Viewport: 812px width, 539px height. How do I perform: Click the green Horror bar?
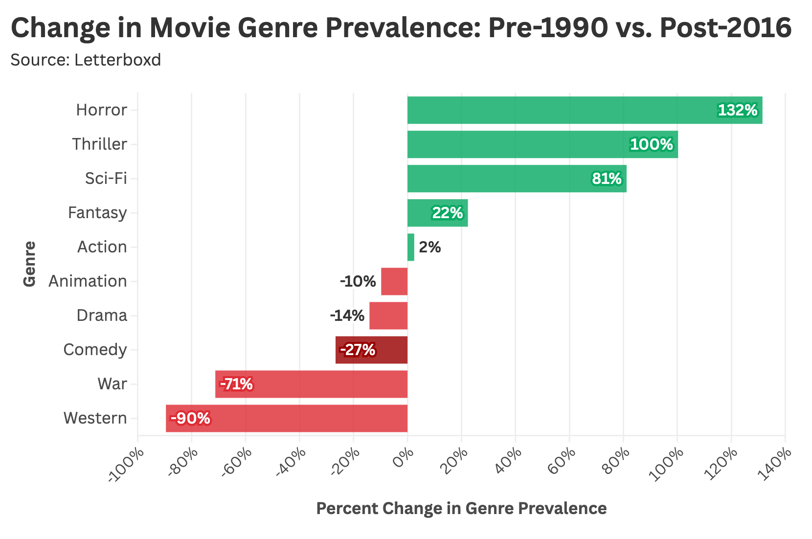click(585, 110)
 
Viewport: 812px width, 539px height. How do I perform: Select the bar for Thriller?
click(542, 144)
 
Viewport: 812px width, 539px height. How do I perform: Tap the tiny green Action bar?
click(411, 247)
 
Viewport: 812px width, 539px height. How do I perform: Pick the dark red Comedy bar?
click(371, 350)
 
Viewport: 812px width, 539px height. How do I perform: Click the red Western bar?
click(287, 418)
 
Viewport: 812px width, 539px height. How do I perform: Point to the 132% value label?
click(737, 111)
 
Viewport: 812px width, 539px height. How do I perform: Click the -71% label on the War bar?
click(237, 384)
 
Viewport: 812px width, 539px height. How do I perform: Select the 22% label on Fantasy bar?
click(447, 213)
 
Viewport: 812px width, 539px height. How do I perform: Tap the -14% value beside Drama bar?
click(347, 316)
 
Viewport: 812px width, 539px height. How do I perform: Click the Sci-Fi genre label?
click(106, 179)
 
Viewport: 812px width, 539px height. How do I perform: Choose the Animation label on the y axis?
click(88, 281)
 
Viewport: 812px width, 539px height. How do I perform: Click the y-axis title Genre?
click(30, 264)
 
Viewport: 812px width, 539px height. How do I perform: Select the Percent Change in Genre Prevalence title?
click(461, 509)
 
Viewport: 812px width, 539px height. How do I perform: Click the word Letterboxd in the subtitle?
click(118, 60)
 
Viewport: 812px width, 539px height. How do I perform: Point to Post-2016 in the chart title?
click(725, 28)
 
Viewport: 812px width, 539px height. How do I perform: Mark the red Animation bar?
click(394, 281)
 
